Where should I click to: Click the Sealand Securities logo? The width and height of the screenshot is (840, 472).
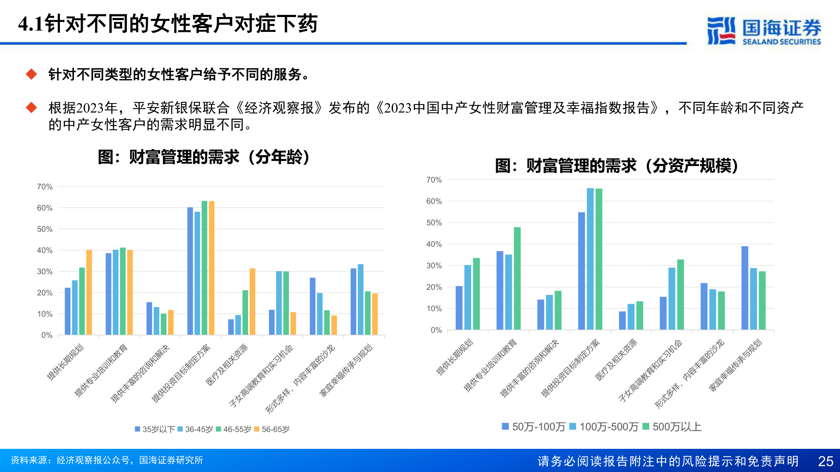coord(763,31)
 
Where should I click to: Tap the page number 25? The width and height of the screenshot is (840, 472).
coord(826,461)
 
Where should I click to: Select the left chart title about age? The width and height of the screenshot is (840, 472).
coord(204,157)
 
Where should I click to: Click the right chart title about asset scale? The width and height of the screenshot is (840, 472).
coord(617,166)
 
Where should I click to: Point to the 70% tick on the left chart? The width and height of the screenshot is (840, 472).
coord(45,187)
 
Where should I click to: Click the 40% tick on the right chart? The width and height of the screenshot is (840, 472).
coord(434,244)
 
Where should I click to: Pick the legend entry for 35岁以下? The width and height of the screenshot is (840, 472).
coord(155,429)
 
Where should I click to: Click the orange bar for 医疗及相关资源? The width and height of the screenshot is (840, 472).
coord(252,302)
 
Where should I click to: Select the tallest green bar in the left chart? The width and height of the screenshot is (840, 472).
coord(204,268)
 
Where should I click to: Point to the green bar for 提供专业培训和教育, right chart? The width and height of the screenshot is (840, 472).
coord(517,278)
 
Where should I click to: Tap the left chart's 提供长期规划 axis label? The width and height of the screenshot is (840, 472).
coord(66,362)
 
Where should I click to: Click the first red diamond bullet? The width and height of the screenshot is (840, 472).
coord(31,74)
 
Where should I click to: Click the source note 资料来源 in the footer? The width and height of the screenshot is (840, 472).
coord(107,460)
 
